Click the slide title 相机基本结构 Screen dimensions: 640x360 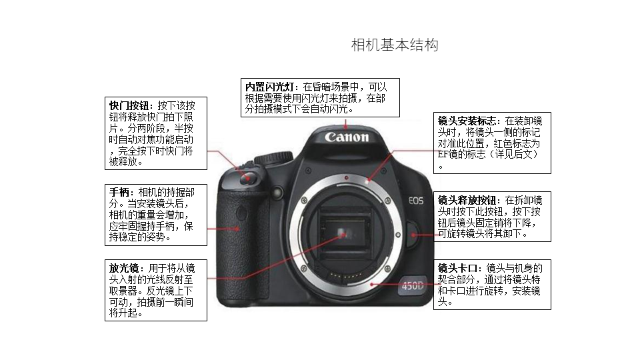[395, 45]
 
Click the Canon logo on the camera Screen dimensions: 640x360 [347, 137]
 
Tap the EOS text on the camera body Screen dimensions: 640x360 [416, 201]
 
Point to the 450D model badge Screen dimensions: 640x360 [412, 286]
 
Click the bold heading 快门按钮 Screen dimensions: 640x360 [129, 106]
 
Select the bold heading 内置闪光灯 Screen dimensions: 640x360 [269, 87]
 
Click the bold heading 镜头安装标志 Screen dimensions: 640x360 [467, 121]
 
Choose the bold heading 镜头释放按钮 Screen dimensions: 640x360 [467, 200]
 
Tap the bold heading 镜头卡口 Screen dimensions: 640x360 [457, 268]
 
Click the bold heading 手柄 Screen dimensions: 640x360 [119, 192]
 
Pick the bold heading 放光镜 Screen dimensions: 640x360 [124, 268]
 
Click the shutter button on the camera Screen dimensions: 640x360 [247, 177]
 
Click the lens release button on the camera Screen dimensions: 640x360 [412, 235]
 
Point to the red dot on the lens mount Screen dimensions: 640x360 [346, 178]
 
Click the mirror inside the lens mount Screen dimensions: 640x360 [344, 234]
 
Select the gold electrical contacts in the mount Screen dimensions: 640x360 [346, 276]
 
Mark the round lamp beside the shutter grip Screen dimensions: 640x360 [277, 191]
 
